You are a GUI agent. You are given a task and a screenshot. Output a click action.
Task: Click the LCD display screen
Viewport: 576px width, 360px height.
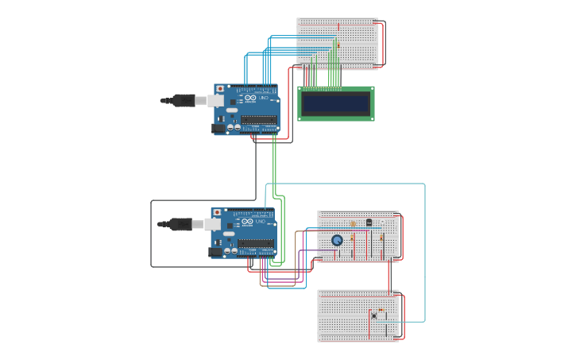coord(335,103)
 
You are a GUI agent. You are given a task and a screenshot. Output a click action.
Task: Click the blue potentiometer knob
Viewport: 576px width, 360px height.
coord(338,240)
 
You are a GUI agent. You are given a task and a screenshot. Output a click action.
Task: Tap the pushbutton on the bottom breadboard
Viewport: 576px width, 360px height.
coord(373,315)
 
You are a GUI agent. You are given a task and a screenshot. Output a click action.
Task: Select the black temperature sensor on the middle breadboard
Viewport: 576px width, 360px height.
coord(369,223)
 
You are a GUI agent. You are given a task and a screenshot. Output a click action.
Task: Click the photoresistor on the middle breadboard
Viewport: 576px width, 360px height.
coord(354,224)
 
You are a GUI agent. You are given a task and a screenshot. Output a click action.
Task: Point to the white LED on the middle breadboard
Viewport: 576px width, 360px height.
coord(381,223)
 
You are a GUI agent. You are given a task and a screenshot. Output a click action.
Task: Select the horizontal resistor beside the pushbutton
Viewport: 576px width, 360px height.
coord(382,309)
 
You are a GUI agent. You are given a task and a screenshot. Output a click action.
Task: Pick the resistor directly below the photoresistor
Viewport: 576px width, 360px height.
coord(353,238)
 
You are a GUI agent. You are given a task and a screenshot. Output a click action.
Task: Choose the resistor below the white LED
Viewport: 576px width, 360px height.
coord(381,237)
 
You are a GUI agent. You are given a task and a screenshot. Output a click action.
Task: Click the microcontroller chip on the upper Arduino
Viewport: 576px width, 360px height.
coord(259,120)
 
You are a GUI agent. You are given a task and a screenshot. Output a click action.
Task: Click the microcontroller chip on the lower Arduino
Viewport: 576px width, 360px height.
coord(256,244)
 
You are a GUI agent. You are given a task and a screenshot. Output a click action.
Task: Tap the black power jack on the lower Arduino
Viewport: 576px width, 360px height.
coord(215,252)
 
